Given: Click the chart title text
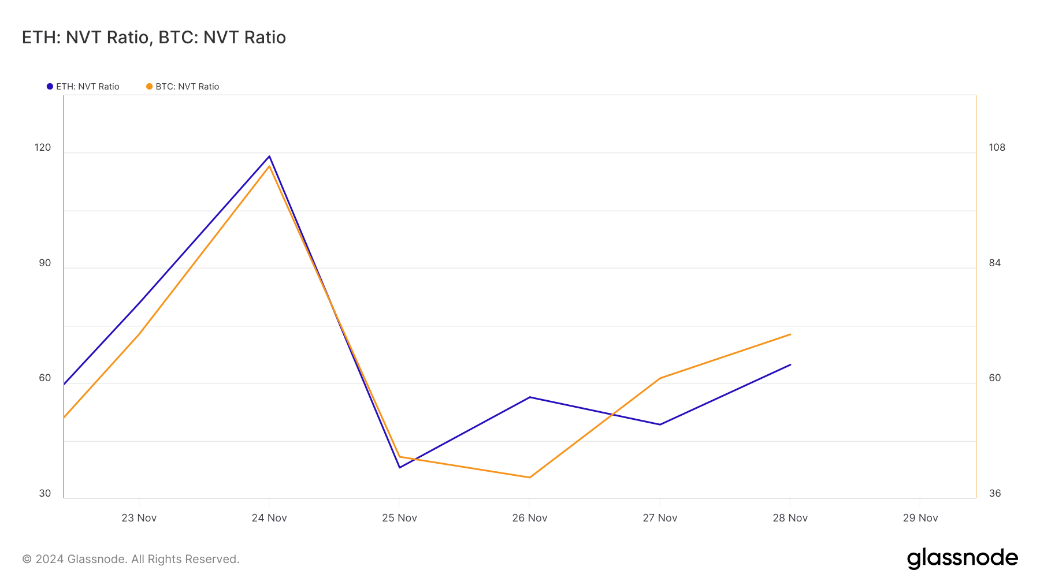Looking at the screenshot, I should click(x=154, y=38).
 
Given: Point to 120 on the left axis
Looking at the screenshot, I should click(x=43, y=147).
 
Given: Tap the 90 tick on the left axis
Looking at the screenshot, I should click(x=44, y=263).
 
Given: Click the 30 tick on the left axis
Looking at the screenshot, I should click(x=44, y=493).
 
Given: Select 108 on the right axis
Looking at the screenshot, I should click(x=997, y=147).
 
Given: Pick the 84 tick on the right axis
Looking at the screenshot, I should click(x=994, y=263).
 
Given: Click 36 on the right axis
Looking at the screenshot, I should click(x=994, y=493).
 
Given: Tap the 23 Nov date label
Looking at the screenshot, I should click(x=139, y=518).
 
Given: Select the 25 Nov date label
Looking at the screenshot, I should click(x=399, y=518).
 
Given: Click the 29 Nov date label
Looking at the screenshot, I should click(x=920, y=518).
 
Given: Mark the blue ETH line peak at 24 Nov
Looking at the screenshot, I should click(x=269, y=156).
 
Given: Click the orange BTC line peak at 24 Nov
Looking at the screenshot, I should click(x=269, y=166).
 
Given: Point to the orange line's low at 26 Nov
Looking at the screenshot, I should click(x=529, y=478).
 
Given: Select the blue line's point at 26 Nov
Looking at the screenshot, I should click(x=530, y=397).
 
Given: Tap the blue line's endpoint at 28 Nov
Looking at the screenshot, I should click(x=790, y=364).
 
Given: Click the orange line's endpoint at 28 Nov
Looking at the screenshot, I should click(x=790, y=334).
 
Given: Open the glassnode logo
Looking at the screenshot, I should click(x=962, y=558).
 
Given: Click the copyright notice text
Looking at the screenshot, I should click(x=131, y=559).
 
